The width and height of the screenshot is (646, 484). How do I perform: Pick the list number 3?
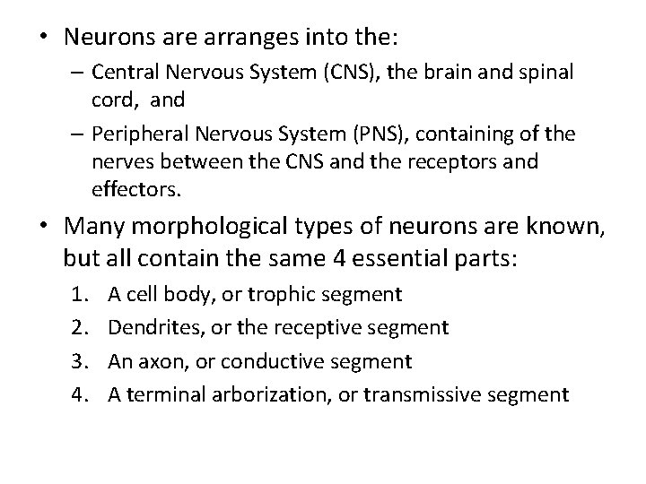click(x=79, y=360)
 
